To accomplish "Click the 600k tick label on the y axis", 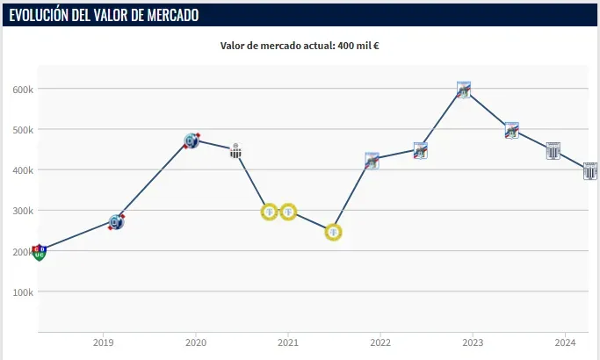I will (22, 89).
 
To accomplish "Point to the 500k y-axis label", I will (22, 129).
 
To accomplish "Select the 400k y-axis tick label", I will (22, 169).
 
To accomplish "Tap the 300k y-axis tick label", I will (22, 211).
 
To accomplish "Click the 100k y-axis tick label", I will (22, 292).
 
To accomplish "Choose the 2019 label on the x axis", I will (104, 342).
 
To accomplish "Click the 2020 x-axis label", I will (196, 342).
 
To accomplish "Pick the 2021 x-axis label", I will (288, 342).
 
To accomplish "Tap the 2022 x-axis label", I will (380, 342).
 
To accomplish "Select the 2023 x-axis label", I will (473, 342).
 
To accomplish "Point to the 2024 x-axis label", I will (565, 342).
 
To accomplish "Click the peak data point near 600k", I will (464, 89).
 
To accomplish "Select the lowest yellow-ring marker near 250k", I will (333, 232).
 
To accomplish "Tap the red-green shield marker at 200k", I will (39, 253).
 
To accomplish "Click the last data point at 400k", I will (590, 170).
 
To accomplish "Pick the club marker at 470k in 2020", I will (192, 140).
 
